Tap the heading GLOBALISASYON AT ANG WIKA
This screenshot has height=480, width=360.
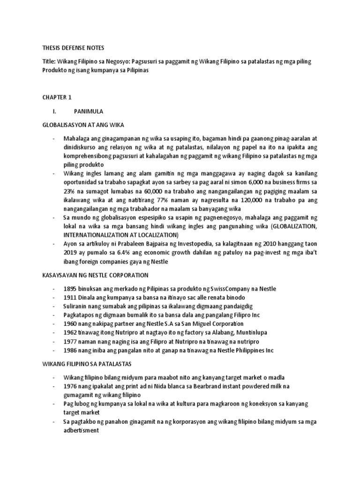pos(83,125)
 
